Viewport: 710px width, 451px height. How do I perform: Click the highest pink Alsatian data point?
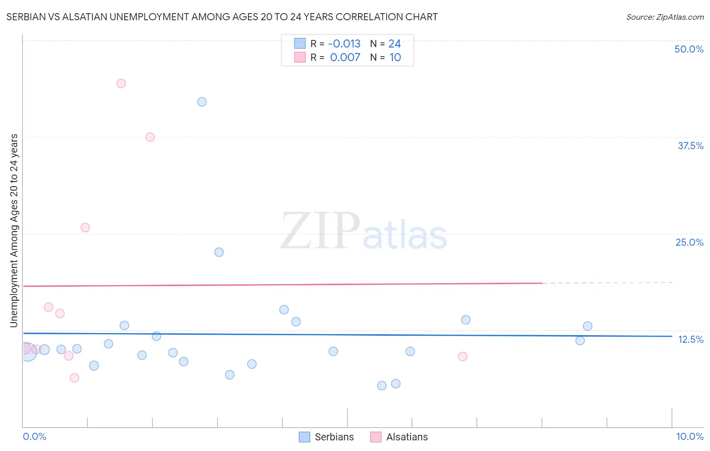121,83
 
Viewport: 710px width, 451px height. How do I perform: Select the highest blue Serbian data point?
202,102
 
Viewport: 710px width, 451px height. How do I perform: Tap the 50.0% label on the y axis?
689,49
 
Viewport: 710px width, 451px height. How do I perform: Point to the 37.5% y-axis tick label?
690,146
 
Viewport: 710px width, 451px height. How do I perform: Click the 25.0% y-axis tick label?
689,242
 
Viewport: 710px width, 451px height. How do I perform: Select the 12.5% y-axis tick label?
690,339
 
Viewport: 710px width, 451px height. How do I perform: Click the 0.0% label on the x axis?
34,436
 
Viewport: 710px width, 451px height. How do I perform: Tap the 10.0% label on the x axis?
690,436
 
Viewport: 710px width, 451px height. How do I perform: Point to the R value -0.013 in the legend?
344,44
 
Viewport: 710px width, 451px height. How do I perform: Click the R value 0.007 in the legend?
345,58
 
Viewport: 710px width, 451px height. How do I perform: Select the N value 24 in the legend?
394,44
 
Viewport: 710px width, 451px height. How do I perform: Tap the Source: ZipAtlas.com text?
665,17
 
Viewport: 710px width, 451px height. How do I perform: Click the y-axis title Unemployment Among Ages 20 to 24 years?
14,231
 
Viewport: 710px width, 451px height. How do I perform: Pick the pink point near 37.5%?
150,137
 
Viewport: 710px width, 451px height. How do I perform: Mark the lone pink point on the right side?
463,356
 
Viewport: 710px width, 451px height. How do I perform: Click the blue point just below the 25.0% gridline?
219,252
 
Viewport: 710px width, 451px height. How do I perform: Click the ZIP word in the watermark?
320,232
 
